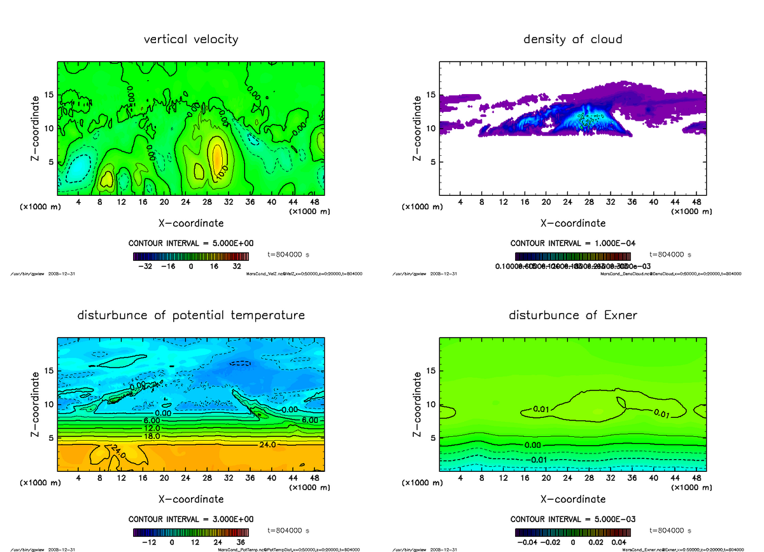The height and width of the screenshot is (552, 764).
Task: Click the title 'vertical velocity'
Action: (x=191, y=39)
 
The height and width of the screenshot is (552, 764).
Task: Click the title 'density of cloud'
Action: (x=572, y=39)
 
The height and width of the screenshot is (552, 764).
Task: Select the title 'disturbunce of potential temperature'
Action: (x=191, y=315)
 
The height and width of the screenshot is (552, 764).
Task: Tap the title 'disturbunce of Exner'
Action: (x=572, y=315)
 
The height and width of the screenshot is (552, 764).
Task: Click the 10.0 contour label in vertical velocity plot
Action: (x=220, y=172)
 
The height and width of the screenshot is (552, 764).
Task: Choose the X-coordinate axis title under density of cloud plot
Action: (x=572, y=223)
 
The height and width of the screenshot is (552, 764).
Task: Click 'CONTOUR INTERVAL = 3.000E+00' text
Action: (x=191, y=519)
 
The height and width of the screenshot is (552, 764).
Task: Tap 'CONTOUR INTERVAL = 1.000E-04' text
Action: (x=572, y=243)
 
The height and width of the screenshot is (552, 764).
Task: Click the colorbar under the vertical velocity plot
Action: (x=191, y=256)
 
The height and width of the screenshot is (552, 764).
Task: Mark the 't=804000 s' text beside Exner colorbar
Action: (x=670, y=530)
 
